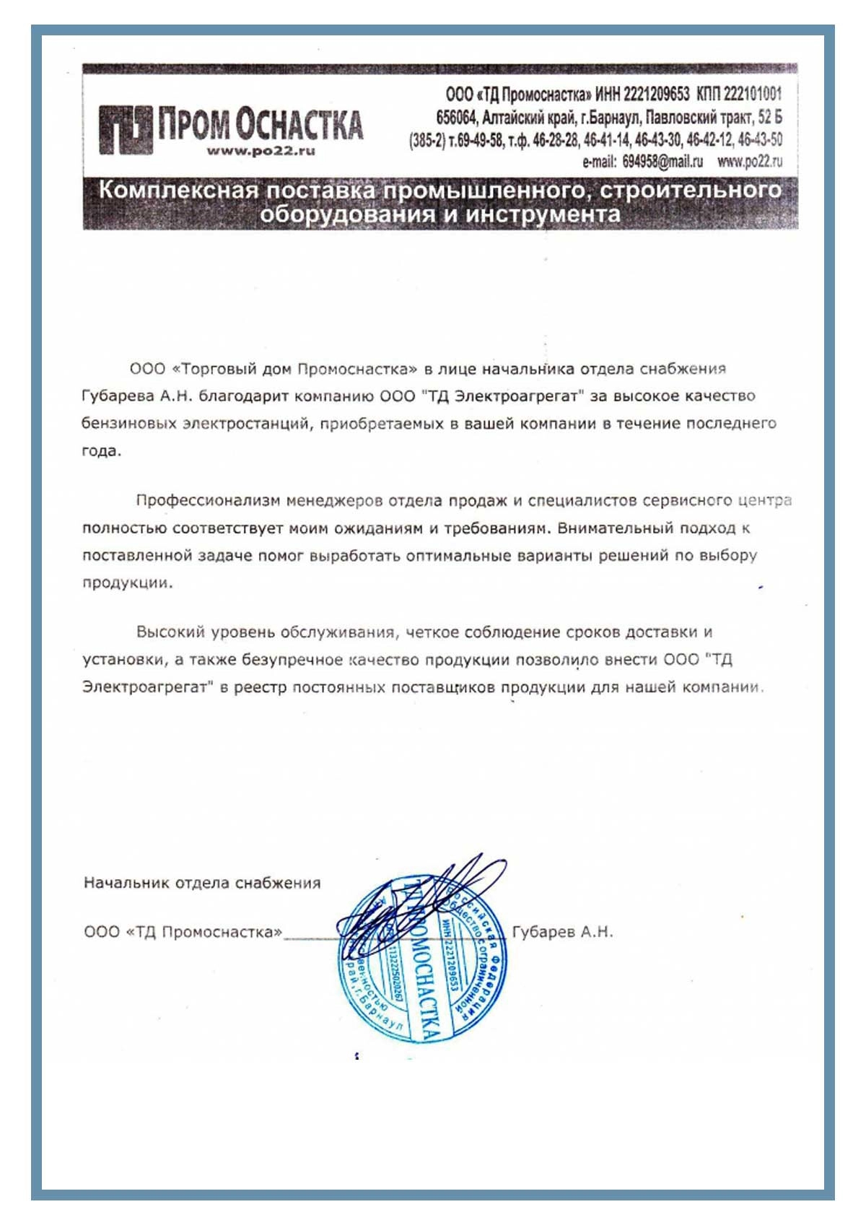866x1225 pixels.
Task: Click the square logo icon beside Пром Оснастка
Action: point(126,130)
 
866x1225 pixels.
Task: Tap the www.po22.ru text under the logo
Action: point(261,152)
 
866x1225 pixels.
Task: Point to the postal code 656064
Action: point(456,117)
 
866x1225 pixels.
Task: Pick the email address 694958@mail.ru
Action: point(662,162)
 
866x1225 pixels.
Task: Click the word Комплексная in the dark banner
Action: point(178,191)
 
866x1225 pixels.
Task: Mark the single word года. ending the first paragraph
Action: point(102,451)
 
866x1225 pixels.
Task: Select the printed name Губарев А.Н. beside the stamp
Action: point(562,932)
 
